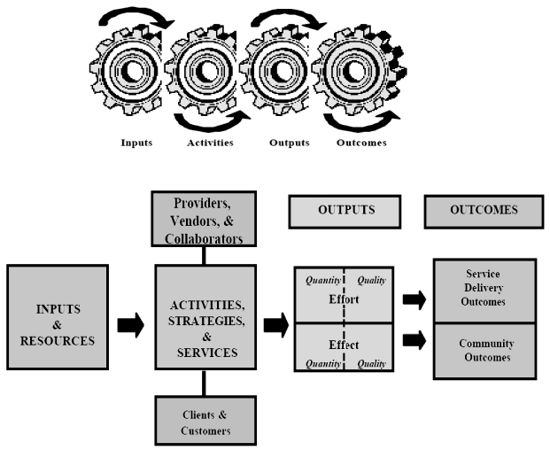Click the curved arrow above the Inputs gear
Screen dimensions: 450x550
tap(128, 17)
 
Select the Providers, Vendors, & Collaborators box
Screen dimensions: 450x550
tap(205, 217)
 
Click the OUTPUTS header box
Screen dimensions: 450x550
tap(346, 211)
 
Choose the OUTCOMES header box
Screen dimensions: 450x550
tap(484, 211)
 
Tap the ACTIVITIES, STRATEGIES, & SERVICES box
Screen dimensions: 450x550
tap(205, 315)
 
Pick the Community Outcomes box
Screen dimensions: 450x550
tap(483, 351)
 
